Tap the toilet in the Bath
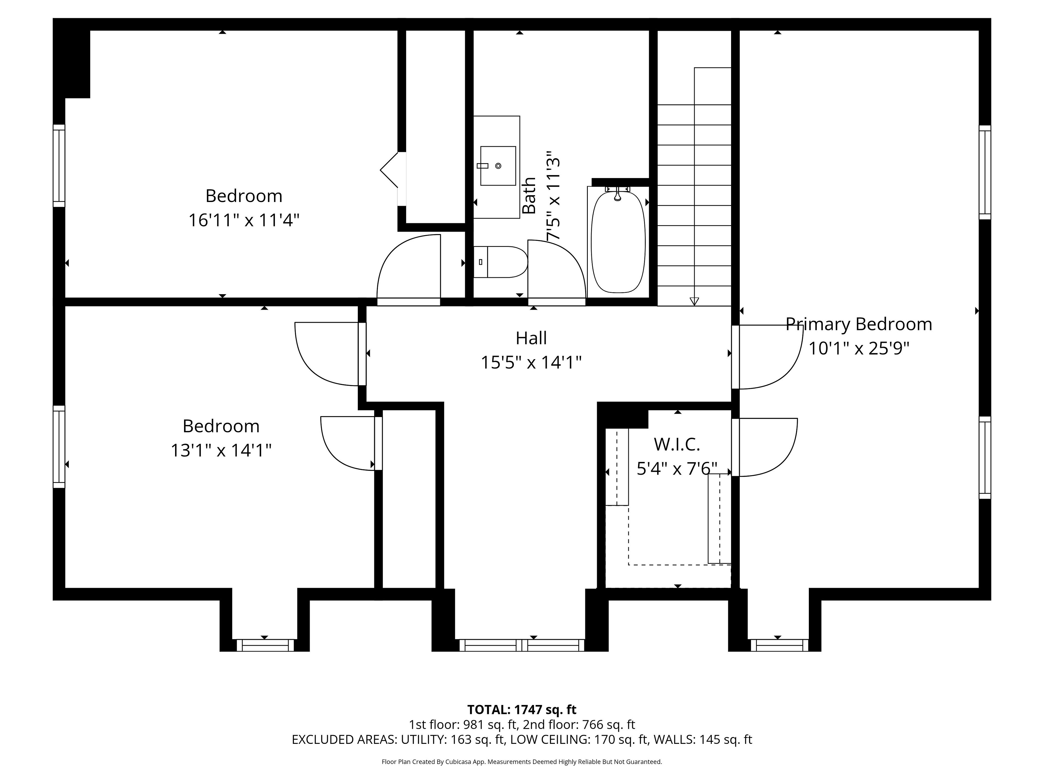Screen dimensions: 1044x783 pyautogui.click(x=500, y=262)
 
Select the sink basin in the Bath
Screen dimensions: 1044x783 pyautogui.click(x=498, y=166)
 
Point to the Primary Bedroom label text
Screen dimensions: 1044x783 pyautogui.click(x=859, y=324)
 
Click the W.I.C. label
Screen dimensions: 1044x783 pyautogui.click(x=677, y=444)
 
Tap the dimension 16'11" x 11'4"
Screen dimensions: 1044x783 pyautogui.click(x=244, y=220)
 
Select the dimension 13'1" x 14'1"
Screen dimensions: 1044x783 pyautogui.click(x=221, y=450)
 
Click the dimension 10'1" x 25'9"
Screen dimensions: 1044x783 pyautogui.click(x=859, y=348)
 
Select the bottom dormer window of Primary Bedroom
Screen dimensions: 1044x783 pyautogui.click(x=779, y=645)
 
